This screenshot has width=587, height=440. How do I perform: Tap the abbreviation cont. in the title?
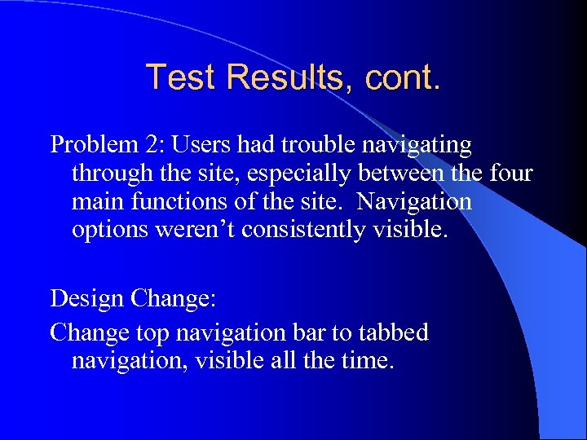coord(403,77)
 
